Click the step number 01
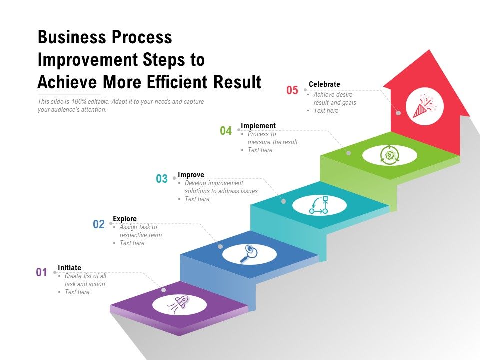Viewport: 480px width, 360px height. point(41,273)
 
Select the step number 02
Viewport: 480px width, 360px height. point(99,224)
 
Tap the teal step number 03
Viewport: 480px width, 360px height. point(162,179)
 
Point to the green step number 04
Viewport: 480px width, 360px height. point(226,131)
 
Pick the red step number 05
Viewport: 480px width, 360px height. point(292,90)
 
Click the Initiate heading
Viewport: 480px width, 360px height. point(69,268)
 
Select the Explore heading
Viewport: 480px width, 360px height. point(125,219)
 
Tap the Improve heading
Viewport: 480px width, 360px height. point(191,175)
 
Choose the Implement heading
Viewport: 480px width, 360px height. point(258,126)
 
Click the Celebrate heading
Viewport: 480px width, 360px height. point(324,84)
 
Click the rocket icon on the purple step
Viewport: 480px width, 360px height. point(180,303)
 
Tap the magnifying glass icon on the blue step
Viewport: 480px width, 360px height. point(249,254)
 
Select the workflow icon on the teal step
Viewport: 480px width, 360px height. point(319,205)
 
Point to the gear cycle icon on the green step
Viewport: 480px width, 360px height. point(389,155)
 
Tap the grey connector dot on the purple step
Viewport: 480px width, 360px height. point(164,290)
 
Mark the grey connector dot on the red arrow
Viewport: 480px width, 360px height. point(398,113)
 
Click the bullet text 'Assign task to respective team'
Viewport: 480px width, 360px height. point(140,231)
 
